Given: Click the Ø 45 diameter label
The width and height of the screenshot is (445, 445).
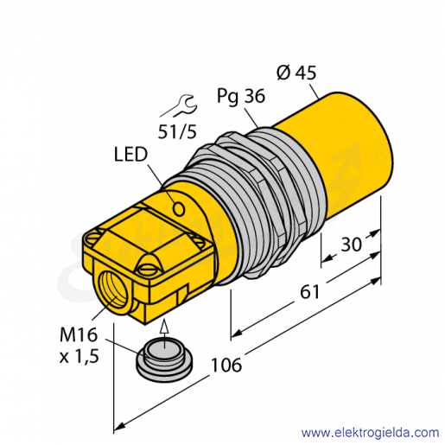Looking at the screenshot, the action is tap(296, 73).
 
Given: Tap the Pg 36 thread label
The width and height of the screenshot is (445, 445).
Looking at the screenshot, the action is tap(241, 96).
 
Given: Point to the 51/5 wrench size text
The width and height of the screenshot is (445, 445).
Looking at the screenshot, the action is tap(177, 132).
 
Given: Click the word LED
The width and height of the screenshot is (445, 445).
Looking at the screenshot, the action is tap(130, 155).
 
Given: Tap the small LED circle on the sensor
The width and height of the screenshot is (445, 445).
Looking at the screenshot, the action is tap(179, 209).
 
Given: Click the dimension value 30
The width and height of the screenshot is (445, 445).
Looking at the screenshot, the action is tap(351, 245).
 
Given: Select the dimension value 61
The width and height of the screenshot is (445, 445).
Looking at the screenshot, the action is tap(310, 291).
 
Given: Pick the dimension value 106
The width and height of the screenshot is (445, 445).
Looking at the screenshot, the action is tap(226, 365).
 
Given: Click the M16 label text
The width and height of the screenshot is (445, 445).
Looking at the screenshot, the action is tap(79, 334).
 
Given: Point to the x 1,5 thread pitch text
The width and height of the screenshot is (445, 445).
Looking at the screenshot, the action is tap(79, 356).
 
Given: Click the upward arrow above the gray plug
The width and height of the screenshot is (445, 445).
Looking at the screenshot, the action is tap(164, 334).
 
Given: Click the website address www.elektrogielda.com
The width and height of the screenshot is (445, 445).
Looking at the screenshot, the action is tap(370, 433).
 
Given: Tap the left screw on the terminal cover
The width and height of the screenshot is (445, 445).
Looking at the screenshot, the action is tap(92, 238).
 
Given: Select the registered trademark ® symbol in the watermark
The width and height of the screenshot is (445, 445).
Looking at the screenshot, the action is tap(378, 154).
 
